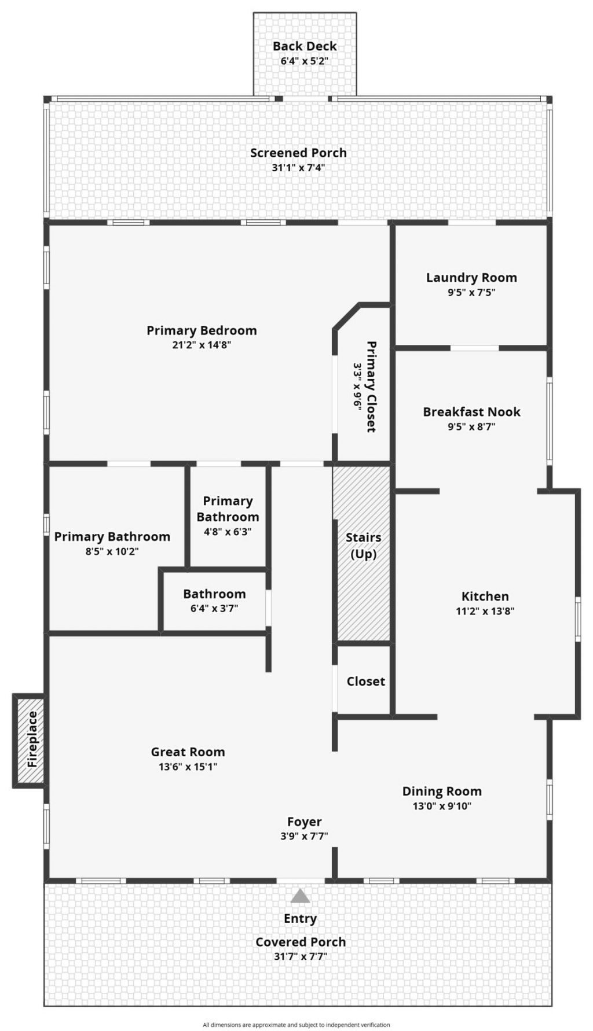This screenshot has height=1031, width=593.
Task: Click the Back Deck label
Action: click(x=305, y=46)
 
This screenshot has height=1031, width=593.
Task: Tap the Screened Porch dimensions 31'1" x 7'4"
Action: click(x=298, y=168)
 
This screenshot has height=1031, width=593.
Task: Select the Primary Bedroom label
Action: click(x=202, y=330)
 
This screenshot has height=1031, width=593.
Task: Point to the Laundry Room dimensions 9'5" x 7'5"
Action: click(x=471, y=292)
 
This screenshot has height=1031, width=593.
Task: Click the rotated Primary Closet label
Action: click(x=371, y=386)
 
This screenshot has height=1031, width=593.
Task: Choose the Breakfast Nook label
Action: click(x=471, y=412)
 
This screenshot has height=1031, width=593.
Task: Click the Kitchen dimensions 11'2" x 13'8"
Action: click(x=485, y=611)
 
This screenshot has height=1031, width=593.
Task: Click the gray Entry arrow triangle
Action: click(x=300, y=896)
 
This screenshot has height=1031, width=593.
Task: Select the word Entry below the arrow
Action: click(x=300, y=918)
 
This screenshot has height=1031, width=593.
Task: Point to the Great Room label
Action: click(x=188, y=752)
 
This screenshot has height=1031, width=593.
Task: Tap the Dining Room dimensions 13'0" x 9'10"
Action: click(x=442, y=806)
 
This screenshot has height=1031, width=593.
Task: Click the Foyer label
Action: click(x=305, y=822)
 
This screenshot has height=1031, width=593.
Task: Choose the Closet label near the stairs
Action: click(x=365, y=682)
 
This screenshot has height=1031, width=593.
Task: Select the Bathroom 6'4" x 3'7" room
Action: click(x=214, y=602)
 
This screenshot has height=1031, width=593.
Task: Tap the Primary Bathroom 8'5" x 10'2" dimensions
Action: click(x=112, y=551)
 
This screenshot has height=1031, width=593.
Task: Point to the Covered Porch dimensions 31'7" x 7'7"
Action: click(x=301, y=956)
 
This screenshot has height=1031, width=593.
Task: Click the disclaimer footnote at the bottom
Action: click(x=296, y=1025)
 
